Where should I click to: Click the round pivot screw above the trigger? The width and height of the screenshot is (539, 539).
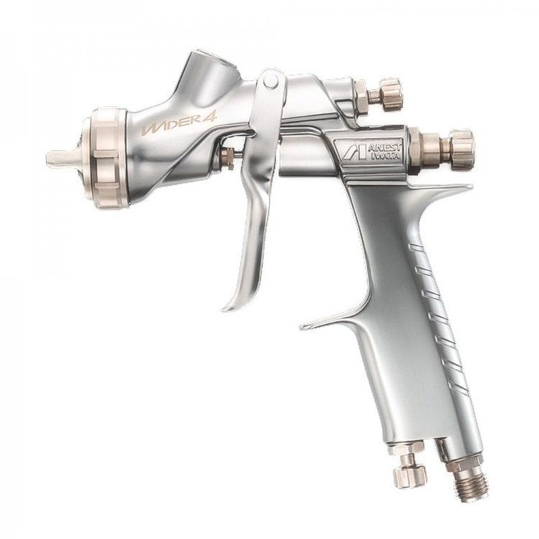269,83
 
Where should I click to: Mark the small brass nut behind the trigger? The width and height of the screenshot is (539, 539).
227,160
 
